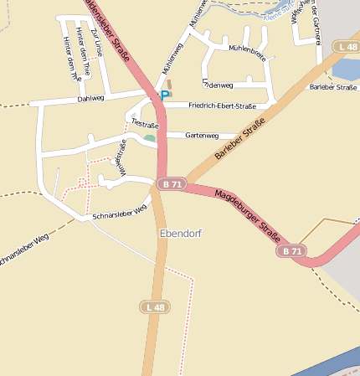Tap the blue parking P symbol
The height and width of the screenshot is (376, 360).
tap(165, 96)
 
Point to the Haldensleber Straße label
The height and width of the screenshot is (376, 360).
tap(112, 29)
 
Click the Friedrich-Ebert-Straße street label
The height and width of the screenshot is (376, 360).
tap(222, 106)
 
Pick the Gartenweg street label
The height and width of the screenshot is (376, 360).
tap(202, 135)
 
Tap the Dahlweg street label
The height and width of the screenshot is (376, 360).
tap(90, 99)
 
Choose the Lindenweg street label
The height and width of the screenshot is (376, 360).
tap(218, 85)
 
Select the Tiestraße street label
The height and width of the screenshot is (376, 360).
tap(145, 124)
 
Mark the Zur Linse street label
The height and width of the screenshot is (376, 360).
tap(95, 42)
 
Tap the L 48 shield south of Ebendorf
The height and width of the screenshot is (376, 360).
tap(156, 307)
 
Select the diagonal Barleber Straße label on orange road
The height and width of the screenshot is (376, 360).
tap(240, 140)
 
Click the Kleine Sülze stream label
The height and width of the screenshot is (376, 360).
tap(280, 14)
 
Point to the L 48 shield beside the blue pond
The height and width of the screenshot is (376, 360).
tap(346, 47)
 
